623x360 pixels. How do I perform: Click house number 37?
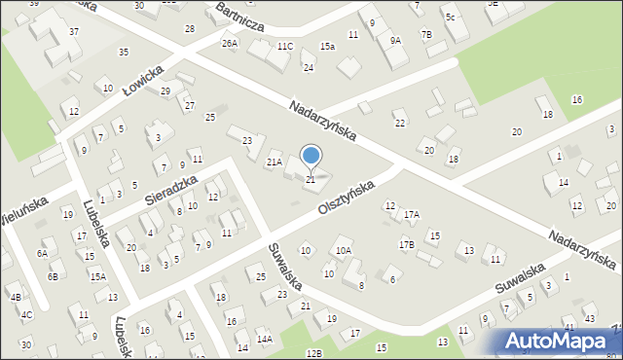(x=74, y=32)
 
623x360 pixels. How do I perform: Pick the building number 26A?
(x=230, y=44)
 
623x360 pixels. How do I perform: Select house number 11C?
(x=284, y=46)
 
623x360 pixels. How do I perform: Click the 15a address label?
(x=328, y=46)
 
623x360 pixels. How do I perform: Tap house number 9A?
(x=395, y=41)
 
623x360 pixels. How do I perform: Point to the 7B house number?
(x=425, y=35)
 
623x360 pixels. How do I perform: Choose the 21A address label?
(x=275, y=162)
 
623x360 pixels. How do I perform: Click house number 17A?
(x=412, y=214)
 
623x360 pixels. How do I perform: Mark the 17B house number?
(x=406, y=244)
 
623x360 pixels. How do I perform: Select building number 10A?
(x=344, y=251)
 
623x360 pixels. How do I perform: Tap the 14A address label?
(x=265, y=340)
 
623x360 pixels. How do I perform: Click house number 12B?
(x=312, y=352)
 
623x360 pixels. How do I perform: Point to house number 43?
(x=591, y=319)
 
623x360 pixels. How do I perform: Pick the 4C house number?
(x=27, y=314)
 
